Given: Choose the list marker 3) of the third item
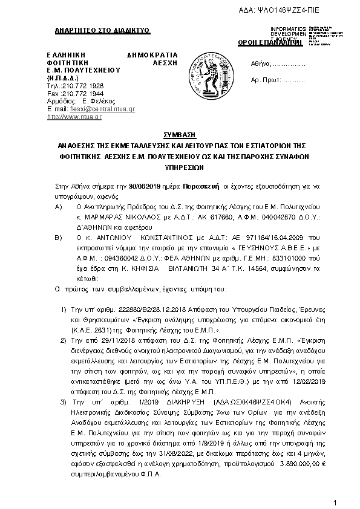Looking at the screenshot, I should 65,401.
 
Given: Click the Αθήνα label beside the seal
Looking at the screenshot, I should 260,64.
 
